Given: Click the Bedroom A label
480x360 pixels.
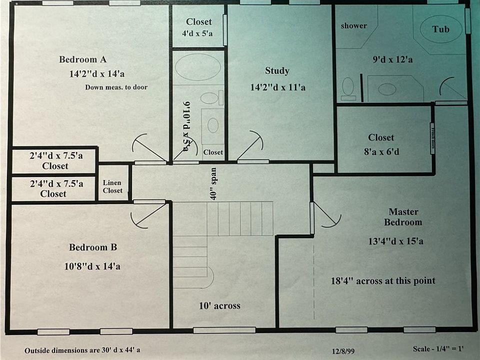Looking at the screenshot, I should pyautogui.click(x=83, y=59).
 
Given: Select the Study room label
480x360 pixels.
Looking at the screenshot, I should pyautogui.click(x=277, y=71).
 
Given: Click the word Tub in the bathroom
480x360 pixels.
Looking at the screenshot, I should pyautogui.click(x=440, y=29).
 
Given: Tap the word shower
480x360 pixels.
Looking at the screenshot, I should pyautogui.click(x=354, y=26).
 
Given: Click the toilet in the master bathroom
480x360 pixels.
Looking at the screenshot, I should pyautogui.click(x=347, y=88).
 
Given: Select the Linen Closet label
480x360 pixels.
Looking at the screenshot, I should pyautogui.click(x=112, y=186).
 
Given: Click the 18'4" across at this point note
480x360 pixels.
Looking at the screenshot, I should pyautogui.click(x=383, y=280).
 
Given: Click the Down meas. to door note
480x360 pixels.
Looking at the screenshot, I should pyautogui.click(x=116, y=87).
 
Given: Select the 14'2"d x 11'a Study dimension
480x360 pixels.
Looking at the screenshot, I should pyautogui.click(x=277, y=87).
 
